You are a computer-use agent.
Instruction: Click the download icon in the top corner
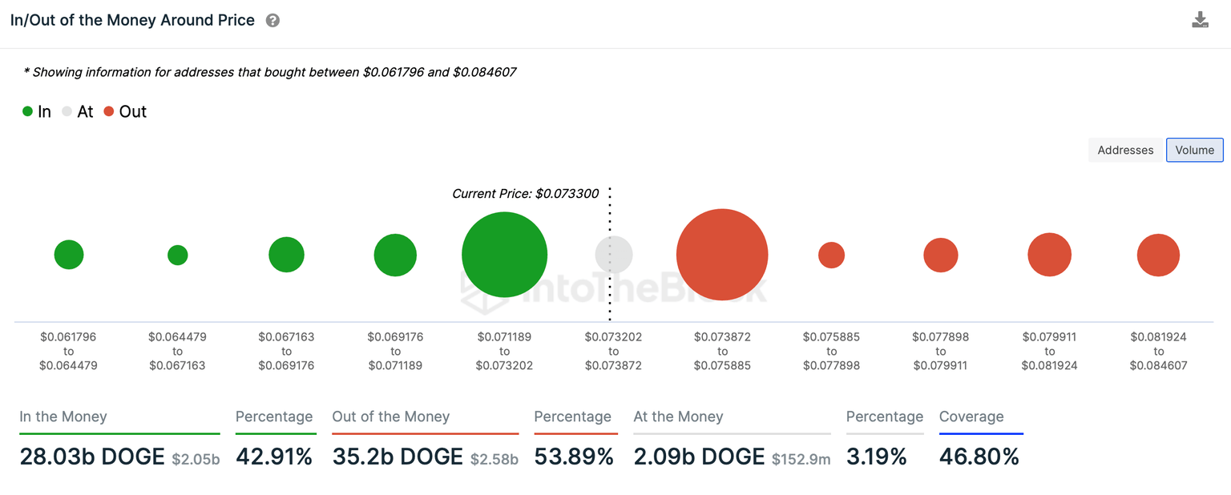(x=1200, y=20)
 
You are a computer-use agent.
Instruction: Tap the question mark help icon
(x=272, y=21)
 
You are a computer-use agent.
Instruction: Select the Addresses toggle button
(x=1125, y=150)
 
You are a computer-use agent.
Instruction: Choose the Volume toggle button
(x=1194, y=150)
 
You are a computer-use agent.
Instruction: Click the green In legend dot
(x=28, y=112)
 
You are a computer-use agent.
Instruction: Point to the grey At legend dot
(x=67, y=112)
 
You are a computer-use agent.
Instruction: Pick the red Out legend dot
(x=108, y=112)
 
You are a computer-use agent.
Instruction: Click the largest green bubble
(x=504, y=255)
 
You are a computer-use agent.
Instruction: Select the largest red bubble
(x=722, y=255)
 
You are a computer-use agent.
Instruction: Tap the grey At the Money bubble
(x=614, y=255)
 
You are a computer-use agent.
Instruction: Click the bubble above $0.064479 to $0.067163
(x=178, y=255)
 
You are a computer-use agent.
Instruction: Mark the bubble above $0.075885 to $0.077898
(x=831, y=255)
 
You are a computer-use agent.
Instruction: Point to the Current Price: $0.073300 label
(x=525, y=194)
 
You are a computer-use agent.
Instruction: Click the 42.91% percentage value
(x=274, y=457)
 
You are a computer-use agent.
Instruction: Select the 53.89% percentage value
(x=574, y=457)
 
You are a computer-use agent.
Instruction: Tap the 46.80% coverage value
(x=979, y=457)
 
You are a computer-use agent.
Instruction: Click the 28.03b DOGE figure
(x=92, y=457)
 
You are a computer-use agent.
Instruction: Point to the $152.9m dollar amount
(x=801, y=459)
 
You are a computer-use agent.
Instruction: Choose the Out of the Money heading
(x=391, y=417)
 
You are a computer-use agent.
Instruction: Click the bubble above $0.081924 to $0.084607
(x=1158, y=255)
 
